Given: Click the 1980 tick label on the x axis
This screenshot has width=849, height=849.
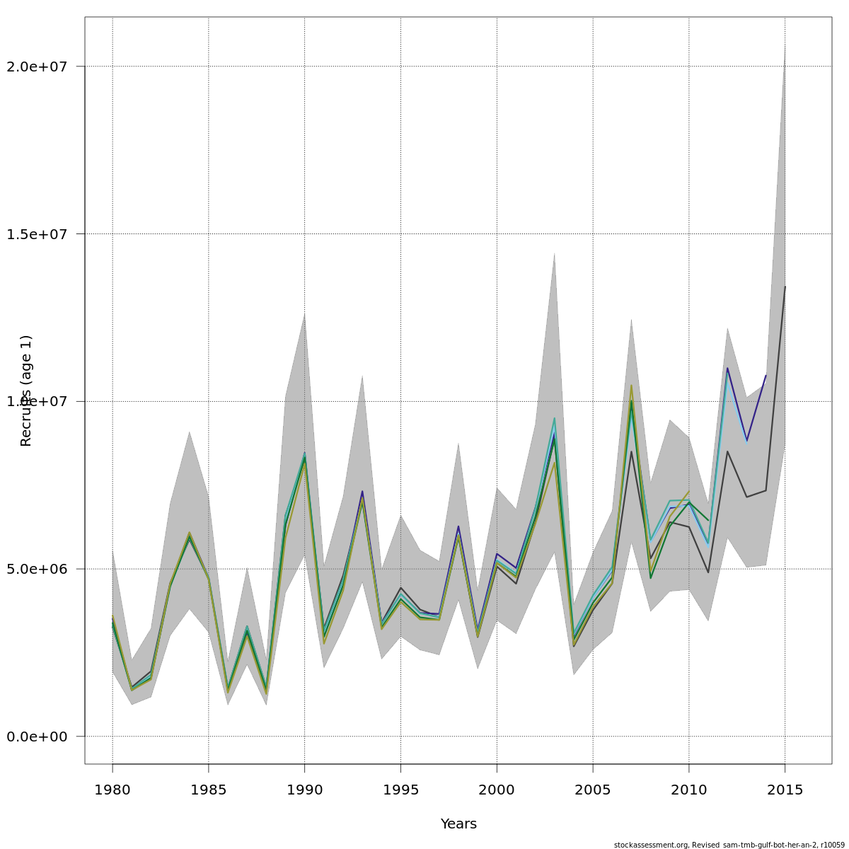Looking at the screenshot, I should tap(112, 790).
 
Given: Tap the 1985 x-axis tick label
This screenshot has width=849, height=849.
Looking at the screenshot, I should tap(209, 790).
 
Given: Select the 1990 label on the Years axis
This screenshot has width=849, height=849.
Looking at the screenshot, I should tap(304, 790).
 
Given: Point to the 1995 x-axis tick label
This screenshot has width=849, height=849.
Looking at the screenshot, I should tap(400, 790).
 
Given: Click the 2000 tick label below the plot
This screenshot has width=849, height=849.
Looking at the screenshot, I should tap(497, 790).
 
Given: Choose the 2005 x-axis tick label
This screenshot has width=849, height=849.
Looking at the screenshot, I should tap(593, 790).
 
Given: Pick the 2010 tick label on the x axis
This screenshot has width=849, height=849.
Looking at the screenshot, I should tap(688, 790).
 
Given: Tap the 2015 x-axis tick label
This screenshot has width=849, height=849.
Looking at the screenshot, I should tap(785, 790).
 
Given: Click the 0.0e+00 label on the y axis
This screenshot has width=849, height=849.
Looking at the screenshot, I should tap(37, 737).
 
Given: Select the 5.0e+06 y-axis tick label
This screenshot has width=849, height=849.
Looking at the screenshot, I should tap(37, 569).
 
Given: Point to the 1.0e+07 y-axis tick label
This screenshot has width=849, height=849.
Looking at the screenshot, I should tap(37, 401).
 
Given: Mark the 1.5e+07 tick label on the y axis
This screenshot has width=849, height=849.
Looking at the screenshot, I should tap(37, 234).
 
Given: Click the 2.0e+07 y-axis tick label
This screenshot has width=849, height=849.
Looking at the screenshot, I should tap(37, 67).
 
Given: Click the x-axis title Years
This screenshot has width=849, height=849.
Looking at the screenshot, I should tap(458, 824).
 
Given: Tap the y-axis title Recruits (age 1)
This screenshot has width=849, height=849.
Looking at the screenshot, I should tap(26, 391).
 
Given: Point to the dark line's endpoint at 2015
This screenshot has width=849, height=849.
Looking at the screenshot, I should tap(785, 287).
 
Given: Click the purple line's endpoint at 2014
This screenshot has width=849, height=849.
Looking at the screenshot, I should tap(766, 376).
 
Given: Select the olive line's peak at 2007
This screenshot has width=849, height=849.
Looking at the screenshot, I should tap(631, 385).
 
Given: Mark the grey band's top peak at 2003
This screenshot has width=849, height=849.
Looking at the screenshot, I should tap(554, 253).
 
